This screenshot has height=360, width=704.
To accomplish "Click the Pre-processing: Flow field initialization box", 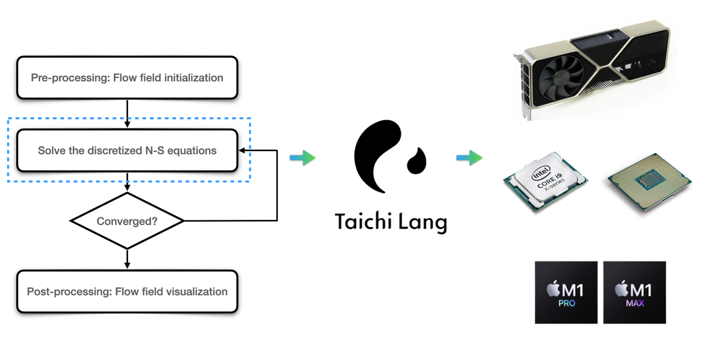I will click(x=127, y=77).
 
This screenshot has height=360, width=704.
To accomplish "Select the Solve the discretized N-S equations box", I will click(x=127, y=151).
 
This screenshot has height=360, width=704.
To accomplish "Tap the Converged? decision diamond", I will click(x=127, y=221).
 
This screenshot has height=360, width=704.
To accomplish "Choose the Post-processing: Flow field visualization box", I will click(x=127, y=291).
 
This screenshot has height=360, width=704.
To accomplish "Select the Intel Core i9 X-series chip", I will click(x=545, y=182).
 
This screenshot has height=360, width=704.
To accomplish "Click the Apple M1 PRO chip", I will click(x=566, y=292).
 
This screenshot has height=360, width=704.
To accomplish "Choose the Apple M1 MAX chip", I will click(x=634, y=292).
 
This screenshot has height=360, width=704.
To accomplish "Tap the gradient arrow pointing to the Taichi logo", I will click(x=302, y=158).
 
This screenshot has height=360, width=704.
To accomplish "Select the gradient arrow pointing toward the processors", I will click(x=469, y=158).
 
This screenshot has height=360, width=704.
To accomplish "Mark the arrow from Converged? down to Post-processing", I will click(x=127, y=259).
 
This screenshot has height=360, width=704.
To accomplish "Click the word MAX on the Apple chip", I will click(x=634, y=303).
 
